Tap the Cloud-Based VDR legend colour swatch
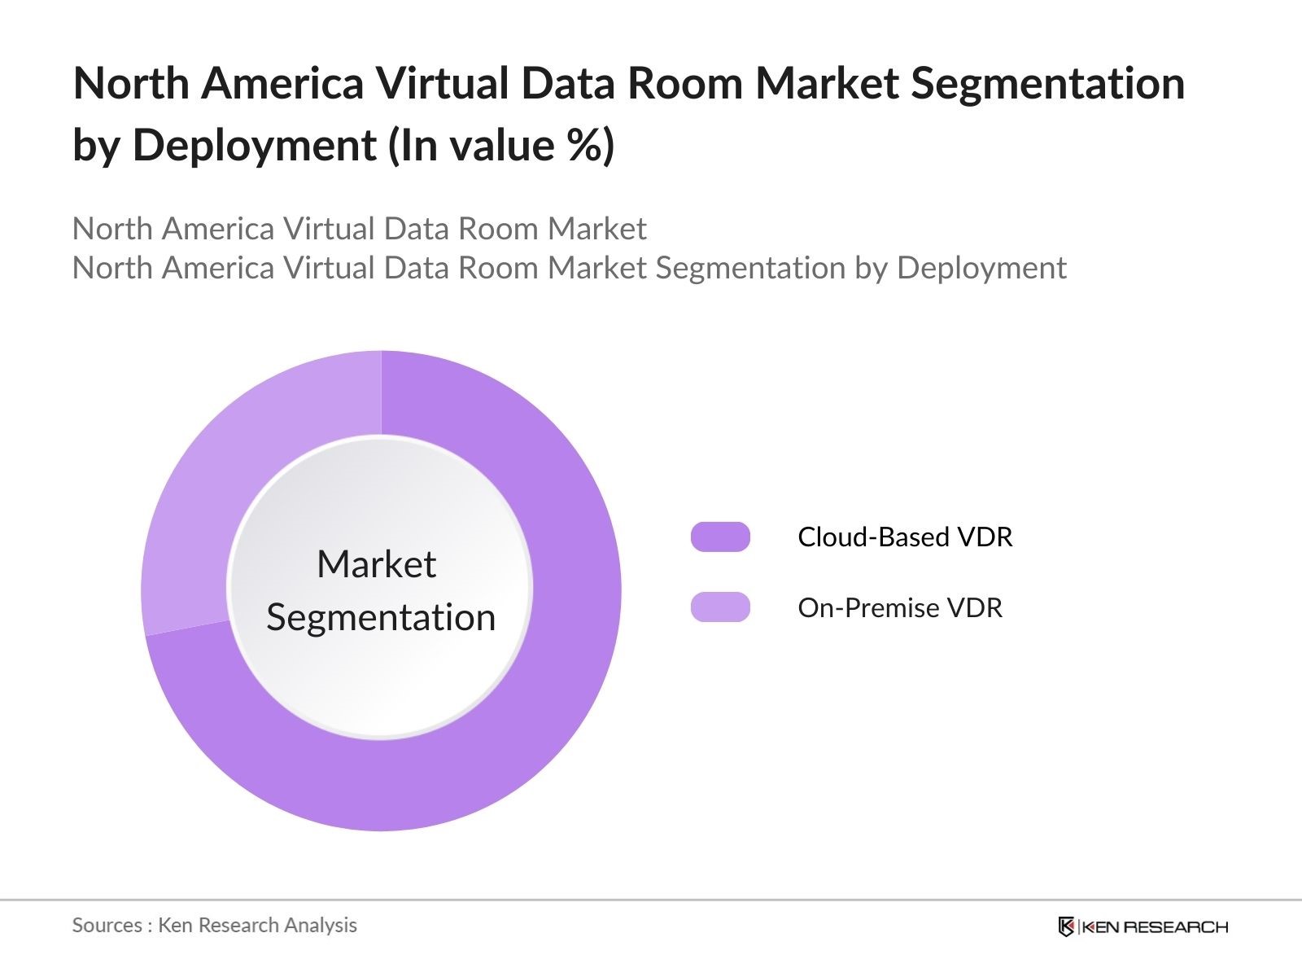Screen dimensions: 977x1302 coord(720,537)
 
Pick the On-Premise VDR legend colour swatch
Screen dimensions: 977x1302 coord(720,607)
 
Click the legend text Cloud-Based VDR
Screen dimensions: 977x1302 coord(905,537)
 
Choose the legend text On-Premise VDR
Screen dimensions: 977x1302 coord(900,608)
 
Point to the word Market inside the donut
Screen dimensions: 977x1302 coord(376,564)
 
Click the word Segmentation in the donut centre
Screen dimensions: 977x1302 coord(381,617)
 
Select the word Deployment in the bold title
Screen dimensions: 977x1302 coord(255,146)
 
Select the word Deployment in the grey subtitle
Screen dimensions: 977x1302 coord(981,268)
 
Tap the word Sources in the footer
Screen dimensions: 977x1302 coord(107,925)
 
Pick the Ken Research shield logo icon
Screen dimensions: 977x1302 coord(1066,927)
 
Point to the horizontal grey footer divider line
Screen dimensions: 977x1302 coord(651,900)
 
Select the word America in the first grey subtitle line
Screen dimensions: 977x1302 coord(218,229)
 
